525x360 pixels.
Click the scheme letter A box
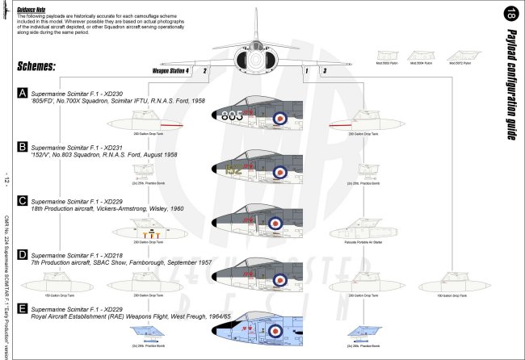point(22,94)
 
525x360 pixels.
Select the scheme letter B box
point(22,147)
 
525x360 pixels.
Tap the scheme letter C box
point(22,200)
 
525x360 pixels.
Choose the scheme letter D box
point(22,253)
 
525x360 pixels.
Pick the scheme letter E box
point(22,308)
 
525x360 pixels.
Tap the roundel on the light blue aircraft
point(279,331)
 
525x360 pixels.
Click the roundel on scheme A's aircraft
point(280,117)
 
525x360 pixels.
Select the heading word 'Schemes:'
point(40,65)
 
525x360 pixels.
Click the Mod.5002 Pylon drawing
point(390,57)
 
